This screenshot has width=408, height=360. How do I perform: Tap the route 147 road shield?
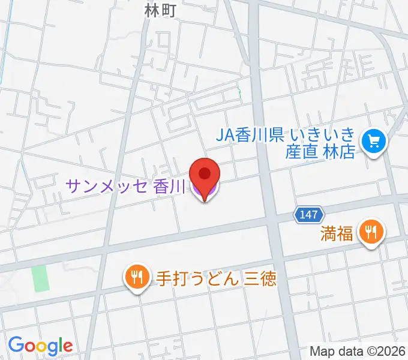tap(309, 214)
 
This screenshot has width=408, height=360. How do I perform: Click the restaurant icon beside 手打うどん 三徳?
tap(137, 277)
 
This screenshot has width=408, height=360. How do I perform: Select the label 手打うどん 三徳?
tap(211, 278)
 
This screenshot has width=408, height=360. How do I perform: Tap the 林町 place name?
tap(161, 10)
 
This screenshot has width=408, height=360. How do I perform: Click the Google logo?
tap(40, 346)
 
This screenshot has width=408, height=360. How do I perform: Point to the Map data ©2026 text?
tap(358, 351)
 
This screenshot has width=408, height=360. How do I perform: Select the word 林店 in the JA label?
tap(340, 151)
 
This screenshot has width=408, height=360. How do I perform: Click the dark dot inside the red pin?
tap(204, 174)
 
